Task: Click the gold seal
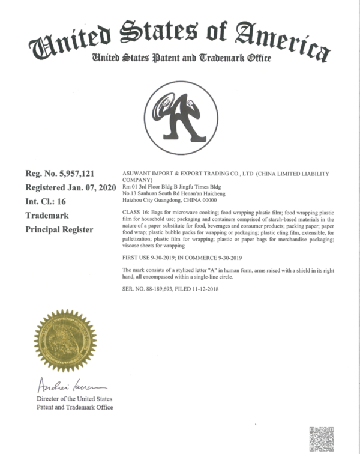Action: [65, 340]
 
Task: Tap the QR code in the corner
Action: [321, 438]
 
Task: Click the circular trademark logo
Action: [181, 118]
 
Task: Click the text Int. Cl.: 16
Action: [49, 202]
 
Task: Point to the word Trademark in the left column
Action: [47, 216]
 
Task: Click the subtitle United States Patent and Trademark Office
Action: [181, 58]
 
